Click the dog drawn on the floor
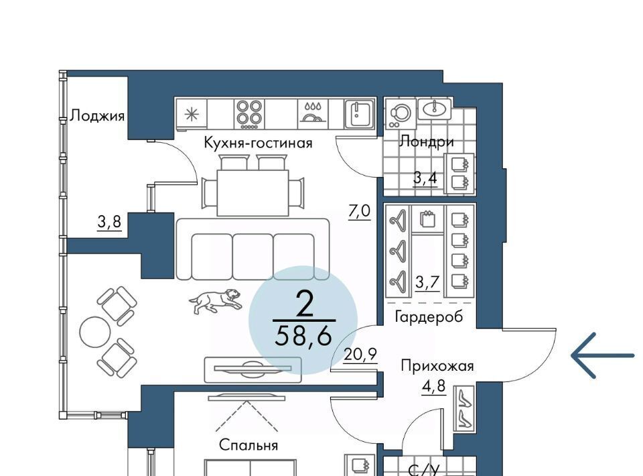[215, 301]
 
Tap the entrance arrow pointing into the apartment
[603, 355]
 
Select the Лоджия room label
[97, 116]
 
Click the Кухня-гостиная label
[258, 143]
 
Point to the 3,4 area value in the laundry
[425, 178]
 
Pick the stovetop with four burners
[250, 112]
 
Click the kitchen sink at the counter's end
[360, 113]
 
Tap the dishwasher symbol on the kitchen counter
[313, 112]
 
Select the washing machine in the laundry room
[400, 114]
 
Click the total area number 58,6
[303, 336]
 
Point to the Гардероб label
[429, 317]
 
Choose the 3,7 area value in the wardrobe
[427, 282]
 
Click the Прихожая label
[437, 365]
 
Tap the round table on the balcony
[94, 332]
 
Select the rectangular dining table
[253, 192]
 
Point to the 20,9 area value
[360, 354]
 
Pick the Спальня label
[248, 444]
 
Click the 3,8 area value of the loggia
[109, 222]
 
